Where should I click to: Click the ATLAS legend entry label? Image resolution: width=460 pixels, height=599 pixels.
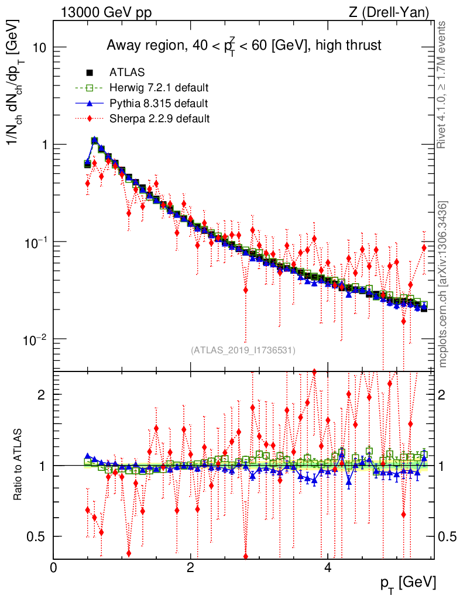click(x=127, y=73)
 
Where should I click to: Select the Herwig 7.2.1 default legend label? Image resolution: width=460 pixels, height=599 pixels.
click(x=159, y=88)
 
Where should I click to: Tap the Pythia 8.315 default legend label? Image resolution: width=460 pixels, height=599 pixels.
click(x=159, y=104)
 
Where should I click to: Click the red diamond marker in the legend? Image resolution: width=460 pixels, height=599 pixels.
click(x=90, y=119)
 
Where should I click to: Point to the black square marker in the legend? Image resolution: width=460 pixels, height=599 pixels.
click(x=90, y=73)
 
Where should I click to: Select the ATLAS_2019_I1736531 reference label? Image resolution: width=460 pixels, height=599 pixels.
click(x=243, y=350)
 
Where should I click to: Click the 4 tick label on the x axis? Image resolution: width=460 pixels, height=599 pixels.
click(x=328, y=567)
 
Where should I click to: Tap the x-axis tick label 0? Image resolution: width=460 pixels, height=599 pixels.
click(x=54, y=567)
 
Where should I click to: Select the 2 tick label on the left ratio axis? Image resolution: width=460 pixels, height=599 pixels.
click(x=42, y=394)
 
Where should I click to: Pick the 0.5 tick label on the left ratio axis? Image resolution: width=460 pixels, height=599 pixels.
click(x=36, y=536)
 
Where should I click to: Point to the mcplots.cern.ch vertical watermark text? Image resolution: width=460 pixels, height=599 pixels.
click(x=444, y=284)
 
